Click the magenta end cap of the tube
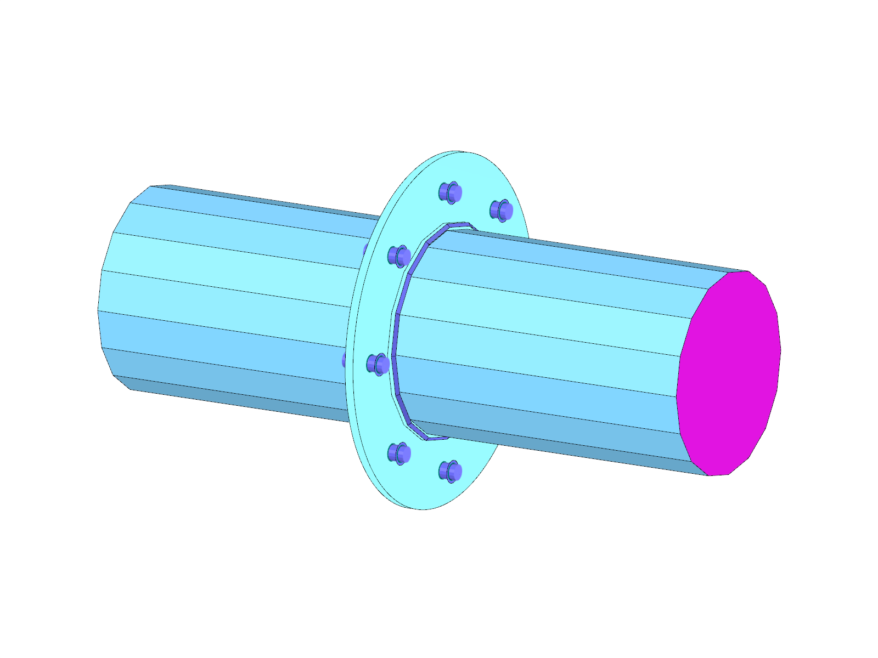(x=730, y=373)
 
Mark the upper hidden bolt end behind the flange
(x=365, y=249)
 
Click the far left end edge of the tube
(x=99, y=307)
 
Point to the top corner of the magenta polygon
(x=747, y=271)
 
